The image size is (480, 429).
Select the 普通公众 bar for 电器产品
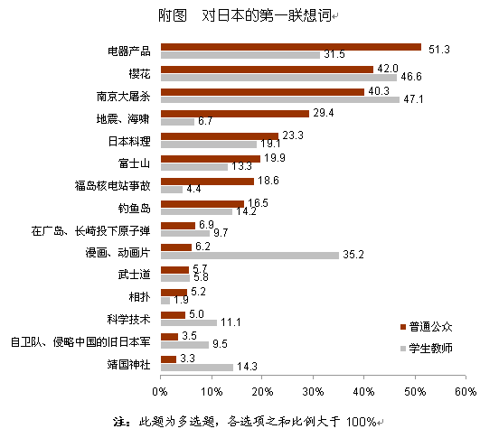(290, 47)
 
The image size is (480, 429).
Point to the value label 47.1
(413, 99)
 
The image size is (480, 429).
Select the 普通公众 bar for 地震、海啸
(234, 114)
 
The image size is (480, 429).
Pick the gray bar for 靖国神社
(196, 368)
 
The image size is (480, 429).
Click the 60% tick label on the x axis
(466, 392)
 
